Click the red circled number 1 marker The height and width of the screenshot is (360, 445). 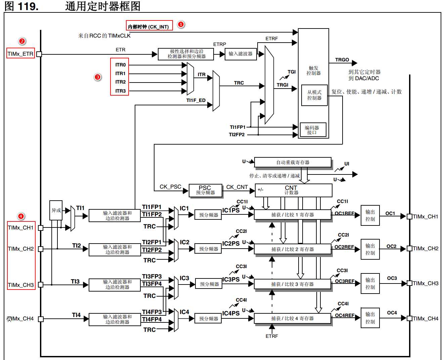pyautogui.click(x=181, y=24)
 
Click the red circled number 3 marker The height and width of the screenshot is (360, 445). pyautogui.click(x=97, y=77)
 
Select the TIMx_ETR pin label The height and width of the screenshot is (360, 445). pyautogui.click(x=20, y=54)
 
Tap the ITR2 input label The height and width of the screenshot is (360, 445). pyautogui.click(x=120, y=82)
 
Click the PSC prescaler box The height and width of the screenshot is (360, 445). pyautogui.click(x=205, y=190)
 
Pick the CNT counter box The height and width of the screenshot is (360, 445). pyautogui.click(x=293, y=190)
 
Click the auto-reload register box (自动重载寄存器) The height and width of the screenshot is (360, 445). pyautogui.click(x=293, y=162)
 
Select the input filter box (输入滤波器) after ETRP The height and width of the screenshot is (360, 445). pyautogui.click(x=240, y=54)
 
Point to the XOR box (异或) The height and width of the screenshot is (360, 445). pyautogui.click(x=56, y=210)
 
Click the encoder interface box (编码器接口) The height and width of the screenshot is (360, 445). pyautogui.click(x=313, y=130)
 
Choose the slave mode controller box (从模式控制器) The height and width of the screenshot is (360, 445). pyautogui.click(x=314, y=95)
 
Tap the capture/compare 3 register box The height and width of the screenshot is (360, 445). pyautogui.click(x=292, y=284)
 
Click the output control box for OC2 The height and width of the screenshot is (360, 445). pyautogui.click(x=370, y=249)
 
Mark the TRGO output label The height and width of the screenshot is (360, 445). pyautogui.click(x=342, y=60)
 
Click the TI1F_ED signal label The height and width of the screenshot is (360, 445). pyautogui.click(x=196, y=100)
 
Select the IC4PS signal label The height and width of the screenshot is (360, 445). pyautogui.click(x=231, y=313)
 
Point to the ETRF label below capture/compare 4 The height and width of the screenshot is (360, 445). pyautogui.click(x=272, y=336)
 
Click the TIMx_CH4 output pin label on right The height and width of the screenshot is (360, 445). pyautogui.click(x=426, y=318)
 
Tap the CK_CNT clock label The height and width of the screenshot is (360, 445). pyautogui.click(x=237, y=187)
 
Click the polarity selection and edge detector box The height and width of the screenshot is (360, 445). pyautogui.click(x=186, y=54)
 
